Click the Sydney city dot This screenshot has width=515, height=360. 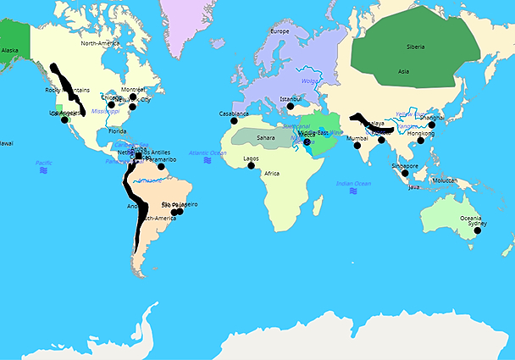pyautogui.click(x=478, y=230)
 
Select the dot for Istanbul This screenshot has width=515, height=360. pyautogui.click(x=291, y=107)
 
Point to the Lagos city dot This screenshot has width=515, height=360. pyautogui.click(x=251, y=166)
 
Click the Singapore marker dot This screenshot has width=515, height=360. pyautogui.click(x=405, y=174)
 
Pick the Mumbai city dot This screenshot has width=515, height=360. pyautogui.click(x=357, y=145)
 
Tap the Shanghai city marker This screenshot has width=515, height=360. pyautogui.click(x=431, y=125)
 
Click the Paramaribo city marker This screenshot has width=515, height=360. pyautogui.click(x=161, y=167)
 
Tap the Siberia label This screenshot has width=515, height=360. pyautogui.click(x=416, y=47)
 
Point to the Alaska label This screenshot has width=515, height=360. pyautogui.click(x=10, y=50)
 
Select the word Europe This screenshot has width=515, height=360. pyautogui.click(x=280, y=31)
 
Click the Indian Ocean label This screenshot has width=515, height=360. pyautogui.click(x=353, y=183)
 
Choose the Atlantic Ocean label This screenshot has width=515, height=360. pyautogui.click(x=208, y=152)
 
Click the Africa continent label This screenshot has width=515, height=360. pyautogui.click(x=272, y=173)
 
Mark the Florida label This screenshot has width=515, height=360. pyautogui.click(x=117, y=131)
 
